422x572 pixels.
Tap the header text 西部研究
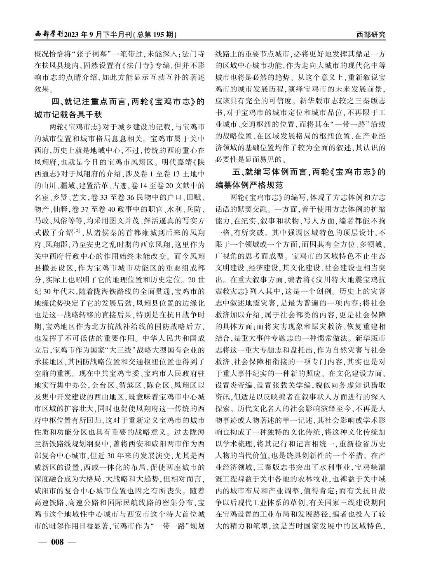[x=371, y=35]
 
